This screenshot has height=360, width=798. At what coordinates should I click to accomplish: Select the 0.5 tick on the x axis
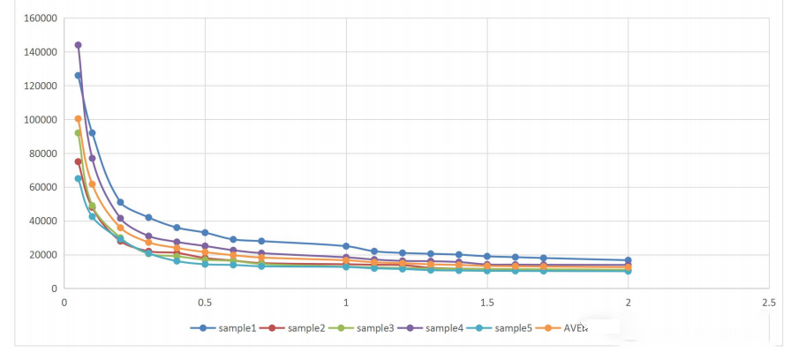point(205,303)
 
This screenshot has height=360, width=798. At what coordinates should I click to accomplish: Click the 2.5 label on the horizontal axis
point(768,303)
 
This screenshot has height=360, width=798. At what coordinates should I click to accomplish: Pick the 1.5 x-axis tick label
point(487,303)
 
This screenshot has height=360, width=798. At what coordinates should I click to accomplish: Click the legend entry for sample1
point(230,328)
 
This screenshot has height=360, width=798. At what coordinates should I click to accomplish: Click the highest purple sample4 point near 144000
point(78,45)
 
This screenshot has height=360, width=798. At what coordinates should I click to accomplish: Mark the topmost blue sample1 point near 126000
point(78,76)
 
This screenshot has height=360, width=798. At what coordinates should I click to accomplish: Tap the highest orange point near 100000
point(78,119)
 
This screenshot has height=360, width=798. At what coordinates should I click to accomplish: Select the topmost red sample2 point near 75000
point(78,161)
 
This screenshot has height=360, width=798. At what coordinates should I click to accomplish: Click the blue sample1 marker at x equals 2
point(628,260)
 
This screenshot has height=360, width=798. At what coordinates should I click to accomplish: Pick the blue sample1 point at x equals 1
point(346,246)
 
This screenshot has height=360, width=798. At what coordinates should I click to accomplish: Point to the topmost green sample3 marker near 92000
point(78,133)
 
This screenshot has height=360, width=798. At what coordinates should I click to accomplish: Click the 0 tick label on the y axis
point(53,289)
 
